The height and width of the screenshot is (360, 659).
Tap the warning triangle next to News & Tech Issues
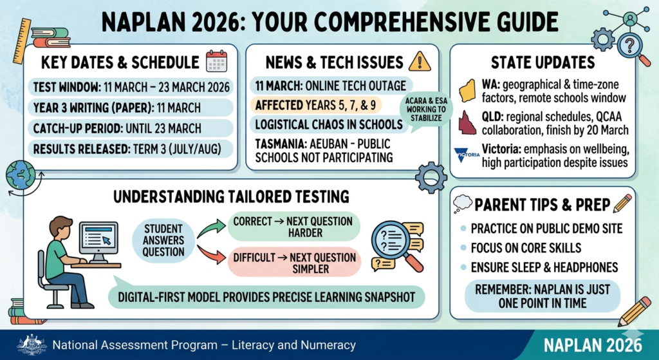[420, 61]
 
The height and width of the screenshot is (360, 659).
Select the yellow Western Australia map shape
[468, 90]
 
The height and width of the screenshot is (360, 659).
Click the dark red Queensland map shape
[467, 121]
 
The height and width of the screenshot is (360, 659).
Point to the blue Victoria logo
[467, 155]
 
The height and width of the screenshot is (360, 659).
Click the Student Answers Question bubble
[163, 240]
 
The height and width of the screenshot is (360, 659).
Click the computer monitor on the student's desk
[98, 240]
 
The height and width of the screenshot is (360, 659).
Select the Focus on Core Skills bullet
[526, 248]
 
